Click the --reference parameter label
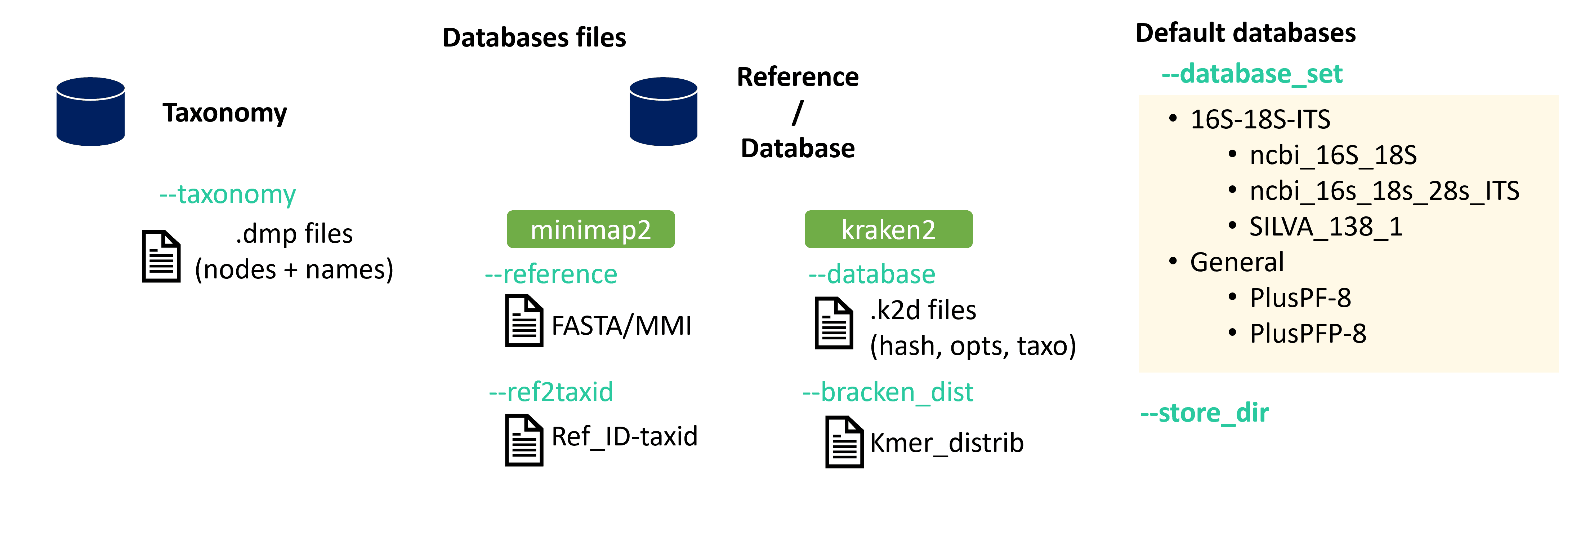pos(551,274)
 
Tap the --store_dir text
pos(1204,413)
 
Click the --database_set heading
pos(1251,74)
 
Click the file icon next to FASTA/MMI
pos(524,321)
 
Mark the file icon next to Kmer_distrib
pos(844,442)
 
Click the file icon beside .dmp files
pos(161,256)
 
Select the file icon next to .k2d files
pos(834,324)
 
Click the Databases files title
pos(534,38)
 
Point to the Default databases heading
pos(1245,33)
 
